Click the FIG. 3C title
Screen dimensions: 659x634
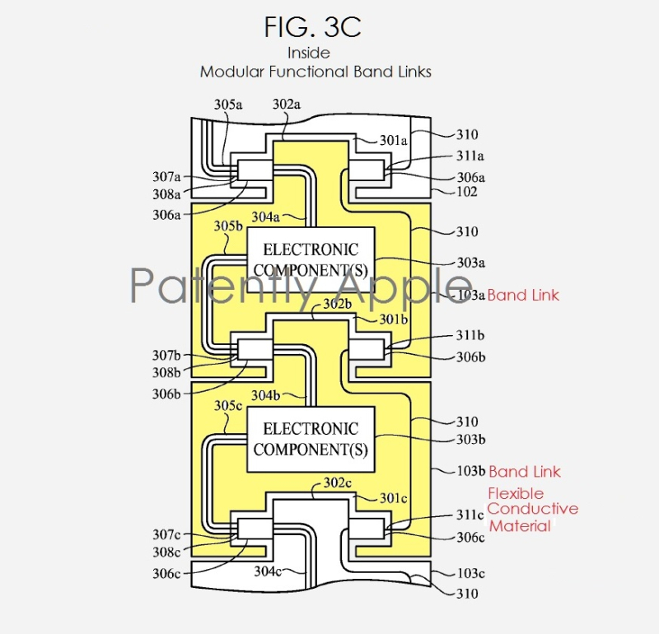tap(312, 27)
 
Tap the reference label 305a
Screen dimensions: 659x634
tap(228, 105)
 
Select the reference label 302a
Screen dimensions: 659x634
tap(286, 104)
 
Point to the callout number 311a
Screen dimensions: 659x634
tap(470, 156)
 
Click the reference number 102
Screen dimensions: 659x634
tap(467, 192)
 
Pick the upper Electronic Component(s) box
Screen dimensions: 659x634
tap(311, 260)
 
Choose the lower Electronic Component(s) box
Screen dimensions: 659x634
tap(311, 440)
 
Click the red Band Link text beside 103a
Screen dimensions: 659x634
tap(523, 295)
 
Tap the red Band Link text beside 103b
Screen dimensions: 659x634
tap(525, 472)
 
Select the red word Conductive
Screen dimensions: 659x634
tap(533, 509)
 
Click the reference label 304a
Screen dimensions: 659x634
tap(265, 217)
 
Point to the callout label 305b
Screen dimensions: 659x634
tap(228, 226)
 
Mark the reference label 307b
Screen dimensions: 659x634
tap(166, 356)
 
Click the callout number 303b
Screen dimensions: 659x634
tap(470, 440)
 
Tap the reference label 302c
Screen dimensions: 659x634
tap(338, 482)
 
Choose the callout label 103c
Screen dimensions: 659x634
tap(470, 573)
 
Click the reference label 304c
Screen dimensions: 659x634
tap(268, 571)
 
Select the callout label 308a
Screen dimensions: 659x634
tap(166, 194)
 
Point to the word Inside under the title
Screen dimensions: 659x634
tap(309, 53)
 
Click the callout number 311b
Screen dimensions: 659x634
tap(470, 335)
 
